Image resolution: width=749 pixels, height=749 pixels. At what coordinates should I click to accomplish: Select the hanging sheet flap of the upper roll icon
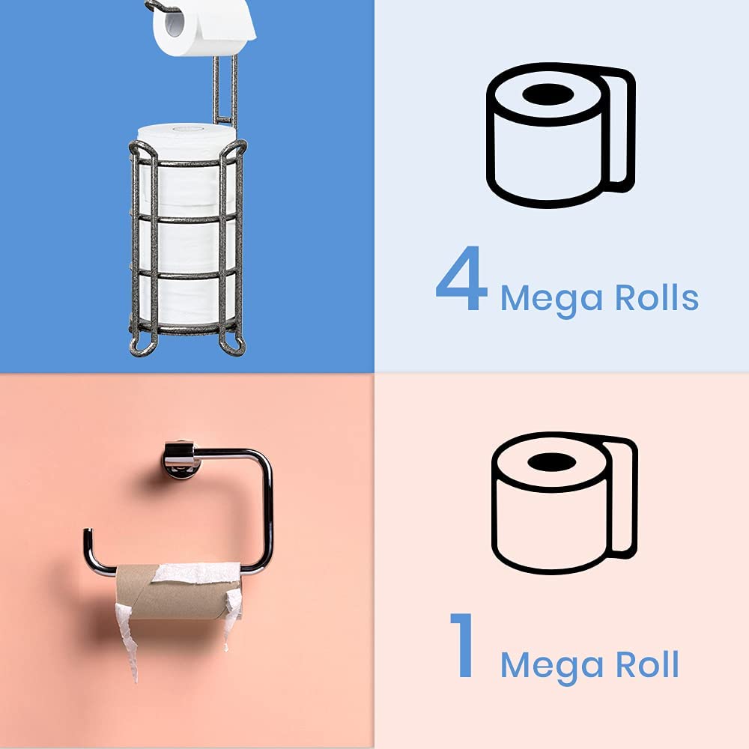tap(619, 127)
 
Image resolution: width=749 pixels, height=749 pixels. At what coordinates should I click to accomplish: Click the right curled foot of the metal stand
tap(235, 345)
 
